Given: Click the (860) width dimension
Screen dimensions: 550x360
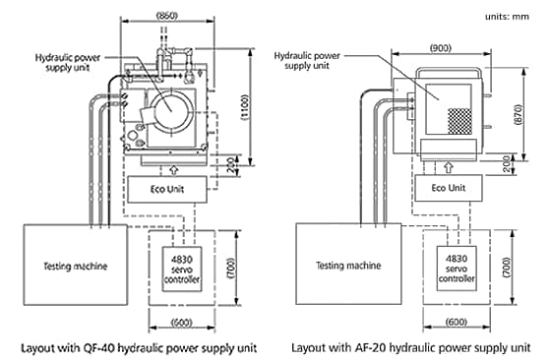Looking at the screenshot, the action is pos(167,16).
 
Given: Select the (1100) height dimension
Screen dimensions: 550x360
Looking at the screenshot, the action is pos(245,107).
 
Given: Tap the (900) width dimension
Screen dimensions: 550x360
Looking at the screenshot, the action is pos(441,48).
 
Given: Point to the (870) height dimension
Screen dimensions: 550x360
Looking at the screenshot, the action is pos(518,114).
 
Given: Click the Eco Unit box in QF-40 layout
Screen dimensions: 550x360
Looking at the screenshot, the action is pos(167,189).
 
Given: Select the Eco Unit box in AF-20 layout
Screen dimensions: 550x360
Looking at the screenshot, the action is pos(449,188).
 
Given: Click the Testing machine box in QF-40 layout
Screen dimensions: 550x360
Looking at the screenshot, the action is pos(76,265).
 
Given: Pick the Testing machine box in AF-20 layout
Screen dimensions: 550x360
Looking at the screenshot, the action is pos(348,264).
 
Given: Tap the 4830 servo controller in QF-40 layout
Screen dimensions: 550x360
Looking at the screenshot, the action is pos(182,269).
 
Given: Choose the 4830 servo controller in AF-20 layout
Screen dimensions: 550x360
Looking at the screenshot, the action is pos(457,269).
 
